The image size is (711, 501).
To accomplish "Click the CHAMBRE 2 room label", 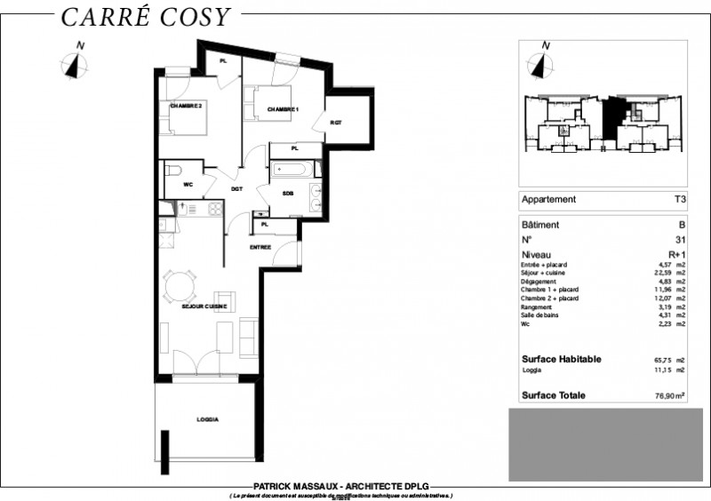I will click(x=187, y=106).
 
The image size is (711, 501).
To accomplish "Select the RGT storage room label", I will click(x=335, y=123).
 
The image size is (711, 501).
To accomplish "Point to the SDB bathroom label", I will click(x=289, y=193).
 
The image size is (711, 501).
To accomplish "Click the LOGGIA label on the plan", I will click(x=207, y=419).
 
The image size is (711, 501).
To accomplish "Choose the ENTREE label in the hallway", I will click(x=260, y=247).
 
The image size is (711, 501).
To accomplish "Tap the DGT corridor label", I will click(x=237, y=188).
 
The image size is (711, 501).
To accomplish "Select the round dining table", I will click(x=181, y=284).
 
